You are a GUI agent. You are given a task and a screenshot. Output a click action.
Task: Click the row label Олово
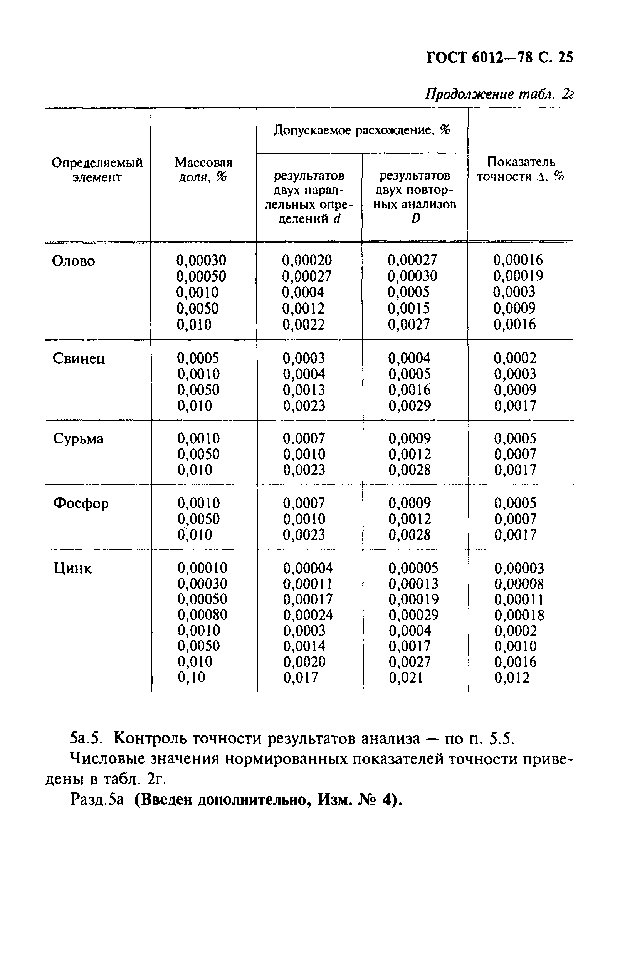click(x=74, y=261)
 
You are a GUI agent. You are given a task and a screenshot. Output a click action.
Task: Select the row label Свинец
click(x=79, y=358)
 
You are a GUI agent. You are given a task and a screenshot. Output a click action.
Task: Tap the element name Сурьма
click(x=78, y=439)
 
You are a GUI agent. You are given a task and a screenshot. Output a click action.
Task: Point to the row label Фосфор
click(x=81, y=503)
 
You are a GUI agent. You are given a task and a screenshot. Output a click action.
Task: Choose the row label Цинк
click(x=73, y=568)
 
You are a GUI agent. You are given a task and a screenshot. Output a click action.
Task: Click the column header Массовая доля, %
click(x=203, y=169)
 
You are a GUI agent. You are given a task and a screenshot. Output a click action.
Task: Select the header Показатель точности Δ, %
click(x=521, y=169)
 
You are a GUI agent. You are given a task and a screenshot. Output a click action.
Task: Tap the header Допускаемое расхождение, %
click(x=361, y=130)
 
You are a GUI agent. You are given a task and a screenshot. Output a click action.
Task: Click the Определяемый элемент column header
click(x=97, y=170)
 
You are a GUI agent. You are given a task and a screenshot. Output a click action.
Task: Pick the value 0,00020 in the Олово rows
click(x=307, y=260)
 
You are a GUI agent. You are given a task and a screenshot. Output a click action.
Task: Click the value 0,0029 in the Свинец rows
click(x=410, y=406)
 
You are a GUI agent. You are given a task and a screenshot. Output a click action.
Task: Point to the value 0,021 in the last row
click(x=405, y=678)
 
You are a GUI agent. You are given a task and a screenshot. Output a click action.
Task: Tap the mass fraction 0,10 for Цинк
click(x=191, y=678)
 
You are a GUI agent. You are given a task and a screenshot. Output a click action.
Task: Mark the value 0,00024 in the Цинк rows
click(x=308, y=614)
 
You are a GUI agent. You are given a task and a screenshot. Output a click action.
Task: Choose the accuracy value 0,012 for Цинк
click(x=512, y=678)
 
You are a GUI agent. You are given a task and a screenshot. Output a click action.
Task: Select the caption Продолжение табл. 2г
click(x=499, y=95)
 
